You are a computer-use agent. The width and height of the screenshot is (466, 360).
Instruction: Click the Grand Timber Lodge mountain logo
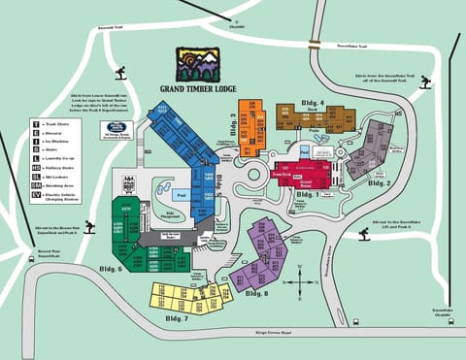[x=197, y=65]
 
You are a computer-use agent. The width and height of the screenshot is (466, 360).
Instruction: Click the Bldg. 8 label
[x=255, y=293]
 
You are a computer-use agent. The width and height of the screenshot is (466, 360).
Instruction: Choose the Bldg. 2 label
[x=382, y=183]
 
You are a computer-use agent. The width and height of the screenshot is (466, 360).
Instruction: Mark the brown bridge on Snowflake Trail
[x=315, y=44]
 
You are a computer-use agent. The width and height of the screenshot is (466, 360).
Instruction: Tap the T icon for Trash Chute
[x=35, y=125]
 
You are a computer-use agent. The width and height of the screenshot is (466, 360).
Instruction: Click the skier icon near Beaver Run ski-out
[x=90, y=228]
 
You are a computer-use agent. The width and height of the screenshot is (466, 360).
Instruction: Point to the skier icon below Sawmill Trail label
[x=121, y=73]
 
